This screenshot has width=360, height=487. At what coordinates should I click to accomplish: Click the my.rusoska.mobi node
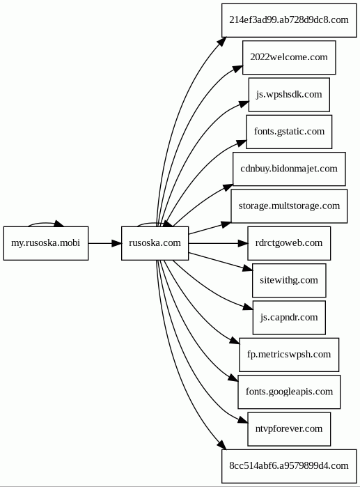click(46, 243)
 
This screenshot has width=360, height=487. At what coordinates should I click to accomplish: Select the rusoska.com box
click(155, 243)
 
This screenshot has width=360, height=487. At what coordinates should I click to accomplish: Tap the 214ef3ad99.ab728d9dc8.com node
click(289, 20)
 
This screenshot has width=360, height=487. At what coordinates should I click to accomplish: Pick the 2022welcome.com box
click(289, 57)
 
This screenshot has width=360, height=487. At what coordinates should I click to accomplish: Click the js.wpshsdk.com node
click(289, 95)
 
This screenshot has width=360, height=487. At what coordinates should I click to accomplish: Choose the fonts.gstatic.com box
click(289, 132)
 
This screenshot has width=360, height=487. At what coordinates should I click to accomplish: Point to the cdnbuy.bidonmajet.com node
click(289, 169)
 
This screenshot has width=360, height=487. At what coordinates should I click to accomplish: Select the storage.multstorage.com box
click(289, 206)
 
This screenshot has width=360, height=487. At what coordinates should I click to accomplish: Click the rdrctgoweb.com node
click(289, 243)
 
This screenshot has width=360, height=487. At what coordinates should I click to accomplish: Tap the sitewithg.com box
click(289, 281)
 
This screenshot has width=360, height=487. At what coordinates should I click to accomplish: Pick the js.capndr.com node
click(289, 318)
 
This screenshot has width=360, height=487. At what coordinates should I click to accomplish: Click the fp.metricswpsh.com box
click(289, 355)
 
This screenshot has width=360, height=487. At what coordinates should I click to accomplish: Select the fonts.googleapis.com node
click(289, 392)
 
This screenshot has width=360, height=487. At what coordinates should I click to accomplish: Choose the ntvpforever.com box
click(289, 429)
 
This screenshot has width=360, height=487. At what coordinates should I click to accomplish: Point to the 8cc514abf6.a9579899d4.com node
click(289, 466)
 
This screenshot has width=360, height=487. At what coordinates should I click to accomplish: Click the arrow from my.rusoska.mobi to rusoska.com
click(105, 243)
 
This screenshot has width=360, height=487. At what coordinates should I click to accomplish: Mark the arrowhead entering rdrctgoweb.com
click(243, 243)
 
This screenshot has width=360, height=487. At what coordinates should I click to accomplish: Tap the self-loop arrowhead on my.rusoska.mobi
click(59, 224)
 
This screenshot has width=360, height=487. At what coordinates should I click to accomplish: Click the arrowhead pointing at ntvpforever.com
click(243, 421)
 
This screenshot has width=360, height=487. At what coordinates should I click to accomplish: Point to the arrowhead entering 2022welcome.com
click(238, 69)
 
